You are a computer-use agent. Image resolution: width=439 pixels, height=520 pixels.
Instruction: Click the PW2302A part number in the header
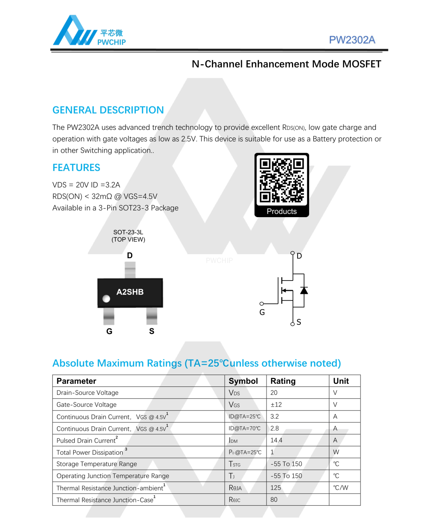tap(352, 40)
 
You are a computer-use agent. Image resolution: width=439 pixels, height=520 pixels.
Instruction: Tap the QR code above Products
tap(282, 180)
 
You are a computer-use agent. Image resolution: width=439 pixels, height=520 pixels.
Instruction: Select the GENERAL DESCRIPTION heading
tap(108, 110)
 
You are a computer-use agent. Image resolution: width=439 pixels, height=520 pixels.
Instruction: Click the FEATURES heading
tap(76, 168)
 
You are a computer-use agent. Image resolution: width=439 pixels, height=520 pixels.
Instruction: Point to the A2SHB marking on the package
tap(130, 292)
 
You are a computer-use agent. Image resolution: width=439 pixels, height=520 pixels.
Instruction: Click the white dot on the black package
tap(106, 298)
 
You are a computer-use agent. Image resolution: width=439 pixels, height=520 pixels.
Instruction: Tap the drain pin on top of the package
tap(130, 270)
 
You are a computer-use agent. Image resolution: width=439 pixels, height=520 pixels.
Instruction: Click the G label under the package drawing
tap(109, 331)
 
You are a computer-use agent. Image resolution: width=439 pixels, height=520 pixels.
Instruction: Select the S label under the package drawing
tap(151, 331)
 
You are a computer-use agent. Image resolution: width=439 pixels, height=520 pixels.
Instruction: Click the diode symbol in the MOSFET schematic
tap(304, 290)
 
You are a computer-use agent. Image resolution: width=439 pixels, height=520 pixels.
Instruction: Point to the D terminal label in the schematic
tap(299, 256)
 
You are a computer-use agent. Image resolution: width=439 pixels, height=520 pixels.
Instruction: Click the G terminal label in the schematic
tap(262, 312)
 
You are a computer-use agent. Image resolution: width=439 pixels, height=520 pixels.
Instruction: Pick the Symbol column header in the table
tap(243, 381)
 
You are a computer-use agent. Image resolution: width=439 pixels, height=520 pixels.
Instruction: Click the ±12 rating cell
tap(276, 404)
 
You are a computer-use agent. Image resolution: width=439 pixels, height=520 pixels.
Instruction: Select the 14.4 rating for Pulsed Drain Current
tap(276, 440)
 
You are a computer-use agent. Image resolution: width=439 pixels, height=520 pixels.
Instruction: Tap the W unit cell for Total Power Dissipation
tap(336, 452)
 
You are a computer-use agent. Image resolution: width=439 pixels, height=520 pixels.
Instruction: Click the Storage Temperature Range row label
tap(97, 464)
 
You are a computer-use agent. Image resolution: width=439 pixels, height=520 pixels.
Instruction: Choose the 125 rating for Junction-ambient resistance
tap(276, 488)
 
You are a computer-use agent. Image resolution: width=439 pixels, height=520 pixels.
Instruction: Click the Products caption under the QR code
tap(282, 211)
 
